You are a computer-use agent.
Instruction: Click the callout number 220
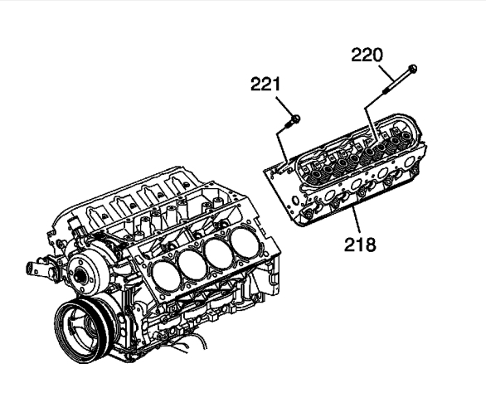pyautogui.click(x=367, y=56)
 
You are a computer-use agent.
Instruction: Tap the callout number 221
pyautogui.click(x=265, y=84)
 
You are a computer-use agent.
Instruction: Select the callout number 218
pyautogui.click(x=360, y=245)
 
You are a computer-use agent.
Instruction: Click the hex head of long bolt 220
pyautogui.click(x=412, y=69)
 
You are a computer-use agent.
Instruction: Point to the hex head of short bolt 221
pyautogui.click(x=296, y=119)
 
